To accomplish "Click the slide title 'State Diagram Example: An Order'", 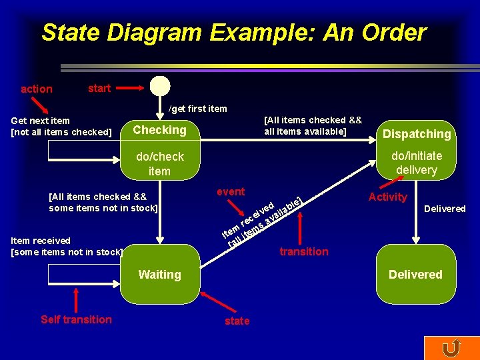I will point(233,32).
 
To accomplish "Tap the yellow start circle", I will point(160,87).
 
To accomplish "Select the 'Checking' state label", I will point(160,130).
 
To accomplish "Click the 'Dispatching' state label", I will point(417,134).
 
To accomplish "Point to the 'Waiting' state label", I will point(159,275).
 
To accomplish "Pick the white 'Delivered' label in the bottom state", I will point(415,275).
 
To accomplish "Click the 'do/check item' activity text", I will point(159,164).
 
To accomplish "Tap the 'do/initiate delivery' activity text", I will point(417,163).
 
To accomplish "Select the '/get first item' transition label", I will point(197,109).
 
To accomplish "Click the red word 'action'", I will point(37,89).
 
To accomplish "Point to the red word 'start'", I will point(99,88).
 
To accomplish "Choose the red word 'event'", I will point(231,192).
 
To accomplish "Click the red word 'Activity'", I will point(387,197).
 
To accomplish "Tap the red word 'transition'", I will point(304,251).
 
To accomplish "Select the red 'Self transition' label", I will point(76,319).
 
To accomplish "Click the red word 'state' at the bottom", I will point(237,321).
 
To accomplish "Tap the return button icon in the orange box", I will point(451,348).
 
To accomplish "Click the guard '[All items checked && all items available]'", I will point(313,125).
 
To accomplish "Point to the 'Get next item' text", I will point(41,121).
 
